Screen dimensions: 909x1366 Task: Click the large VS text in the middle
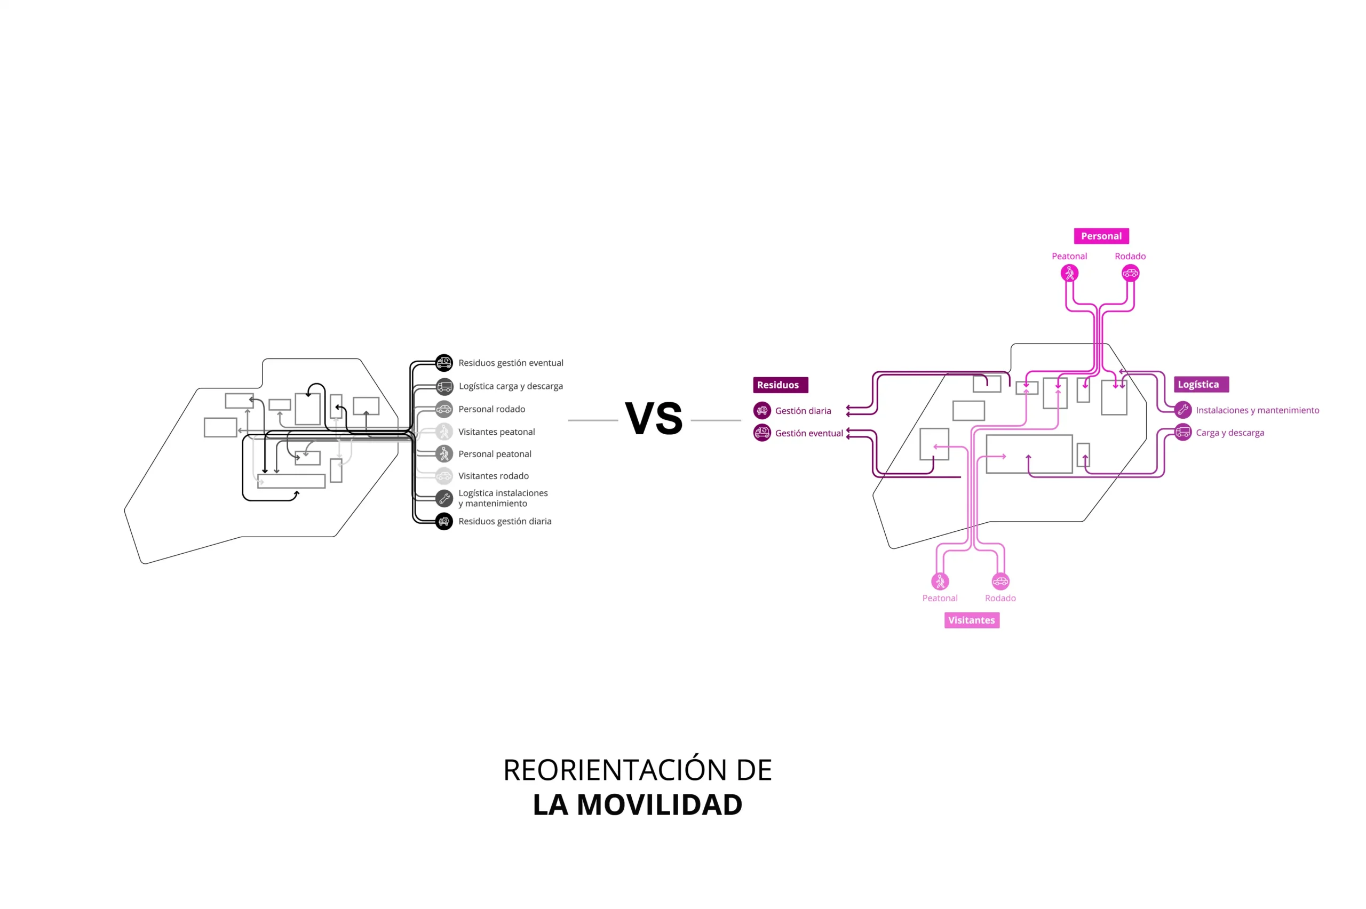[x=654, y=418]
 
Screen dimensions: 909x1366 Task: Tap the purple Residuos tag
[x=780, y=385]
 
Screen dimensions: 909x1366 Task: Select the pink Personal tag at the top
[x=1100, y=236]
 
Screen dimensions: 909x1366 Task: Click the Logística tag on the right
[x=1201, y=385]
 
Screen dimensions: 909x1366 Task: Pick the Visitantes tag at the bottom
[x=971, y=620]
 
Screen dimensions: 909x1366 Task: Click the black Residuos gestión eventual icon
[x=443, y=363]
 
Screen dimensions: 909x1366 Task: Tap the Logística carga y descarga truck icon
[x=443, y=386]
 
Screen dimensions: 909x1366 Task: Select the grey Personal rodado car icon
[x=443, y=409]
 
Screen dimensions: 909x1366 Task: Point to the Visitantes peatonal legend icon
[x=443, y=432]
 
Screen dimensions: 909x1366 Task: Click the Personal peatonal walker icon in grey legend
[x=443, y=454]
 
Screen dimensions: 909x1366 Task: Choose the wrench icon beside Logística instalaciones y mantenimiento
[x=443, y=498]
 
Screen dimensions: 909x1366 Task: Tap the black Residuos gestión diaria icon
[x=443, y=521]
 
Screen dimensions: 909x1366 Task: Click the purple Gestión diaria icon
[x=762, y=410]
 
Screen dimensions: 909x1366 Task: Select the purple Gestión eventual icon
[x=762, y=433]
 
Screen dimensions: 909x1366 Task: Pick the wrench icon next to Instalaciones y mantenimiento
[x=1182, y=410]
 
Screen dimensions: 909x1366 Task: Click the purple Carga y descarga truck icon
[x=1182, y=433]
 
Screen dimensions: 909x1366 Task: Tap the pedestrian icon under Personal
[x=1069, y=273]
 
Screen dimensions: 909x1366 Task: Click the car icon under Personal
[x=1130, y=273]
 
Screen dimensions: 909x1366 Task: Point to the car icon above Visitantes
[x=1000, y=581]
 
